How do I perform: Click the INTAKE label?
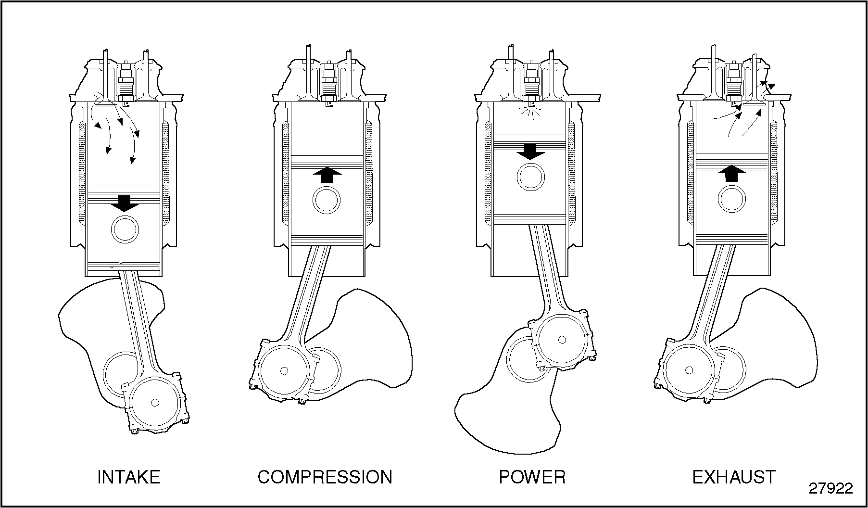128,477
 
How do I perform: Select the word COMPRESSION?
325,477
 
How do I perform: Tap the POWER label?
532,477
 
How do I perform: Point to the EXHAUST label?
733,477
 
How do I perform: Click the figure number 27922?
830,488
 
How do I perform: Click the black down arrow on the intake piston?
125,203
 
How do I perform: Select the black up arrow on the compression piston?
327,175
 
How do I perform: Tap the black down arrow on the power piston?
530,152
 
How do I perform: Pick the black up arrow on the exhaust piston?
732,173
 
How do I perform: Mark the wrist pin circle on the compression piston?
327,200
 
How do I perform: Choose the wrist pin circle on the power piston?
531,177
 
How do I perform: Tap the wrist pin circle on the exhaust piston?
732,198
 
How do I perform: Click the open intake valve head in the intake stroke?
105,103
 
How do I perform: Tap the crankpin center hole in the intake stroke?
154,402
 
